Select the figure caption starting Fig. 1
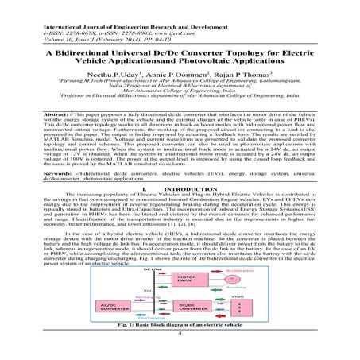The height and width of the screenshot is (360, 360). pyautogui.click(x=180, y=329)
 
